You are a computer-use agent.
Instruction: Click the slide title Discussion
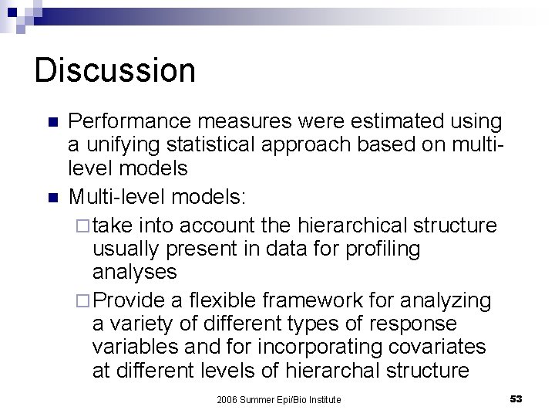point(115,70)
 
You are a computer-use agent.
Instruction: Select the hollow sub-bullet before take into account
point(83,225)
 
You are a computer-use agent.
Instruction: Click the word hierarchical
point(366,225)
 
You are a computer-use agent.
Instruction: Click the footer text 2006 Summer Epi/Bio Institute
point(278,398)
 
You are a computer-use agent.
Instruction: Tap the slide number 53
point(516,398)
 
